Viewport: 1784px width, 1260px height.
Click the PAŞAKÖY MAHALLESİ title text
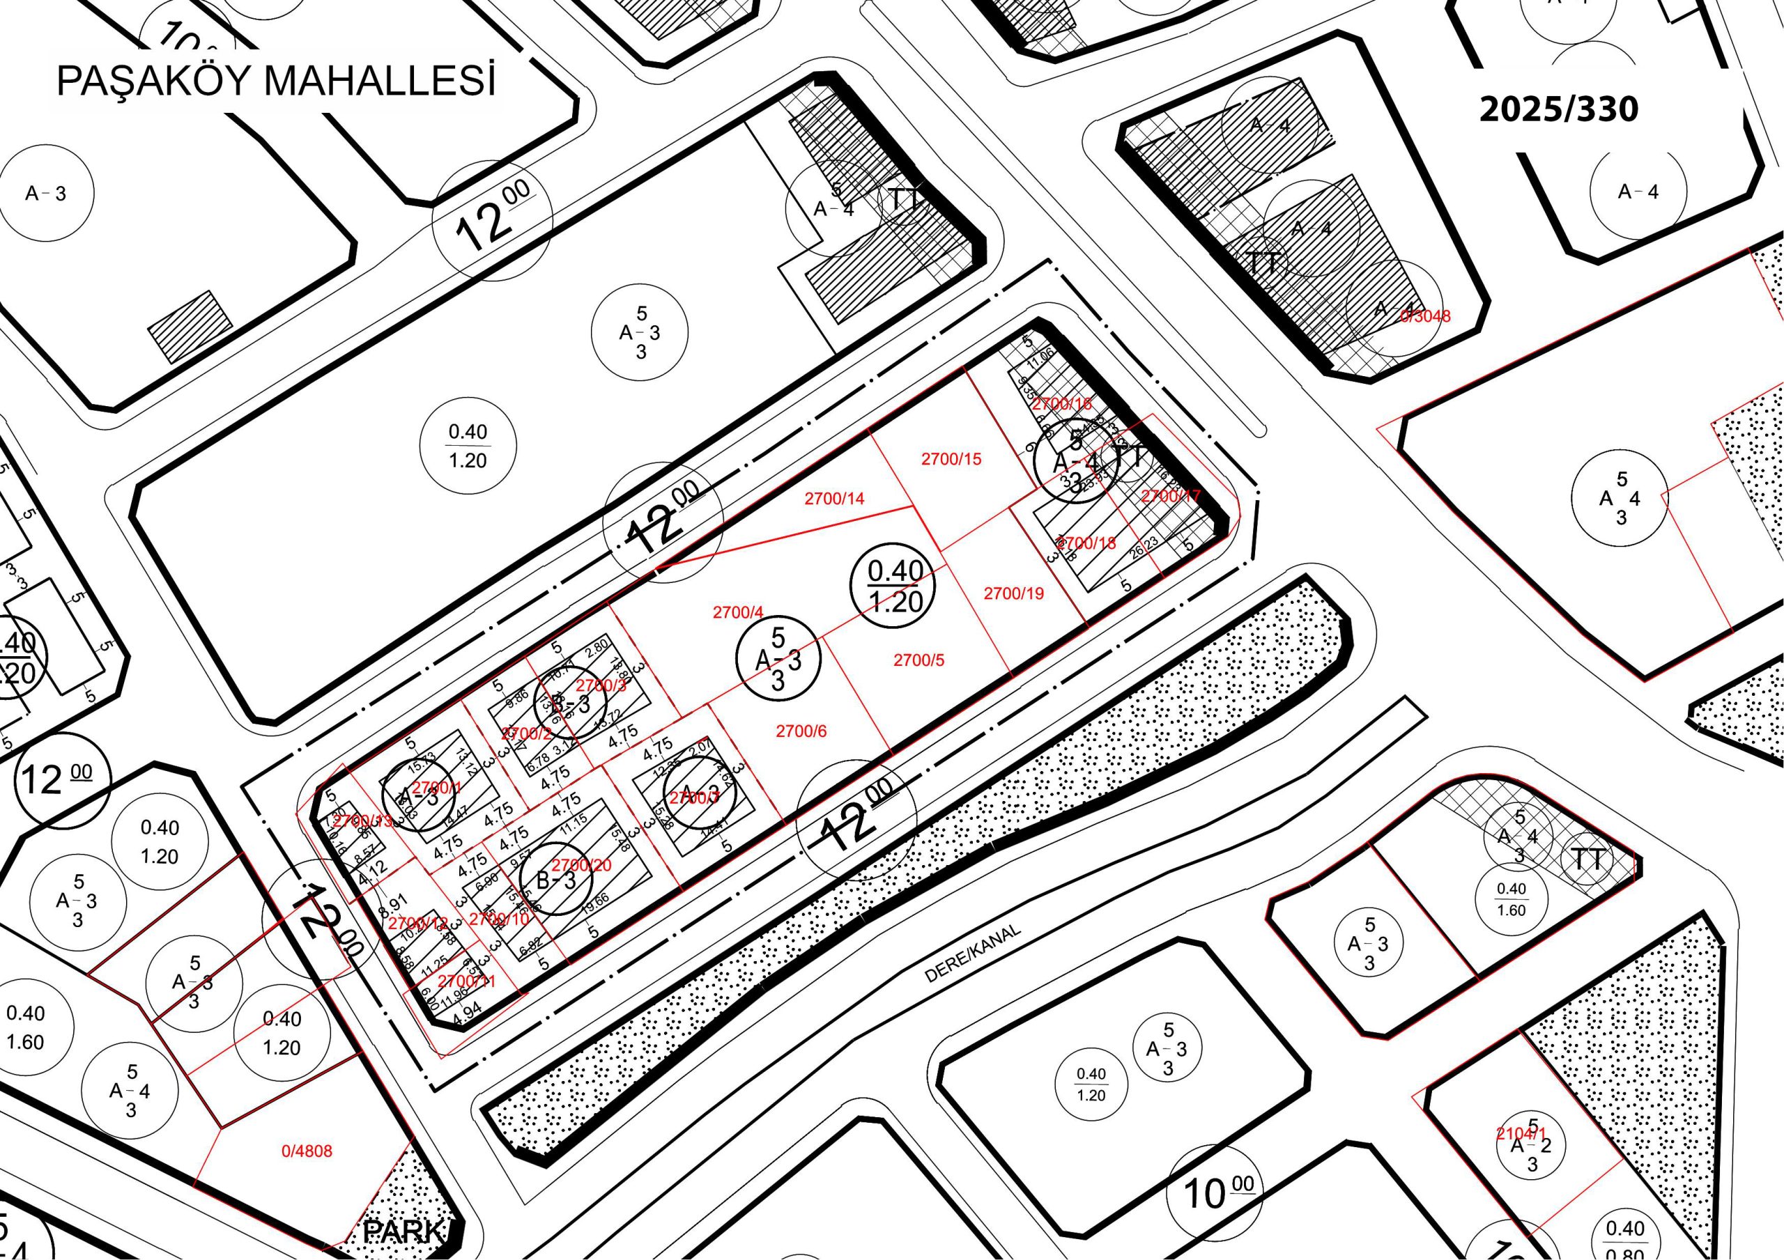[x=276, y=81]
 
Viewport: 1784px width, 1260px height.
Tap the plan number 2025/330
[x=1558, y=109]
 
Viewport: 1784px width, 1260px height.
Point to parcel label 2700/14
[x=833, y=499]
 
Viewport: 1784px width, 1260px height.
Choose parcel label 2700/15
[x=951, y=459]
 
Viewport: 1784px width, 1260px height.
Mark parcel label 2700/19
[x=1013, y=593]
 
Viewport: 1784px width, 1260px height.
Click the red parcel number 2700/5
[x=918, y=660]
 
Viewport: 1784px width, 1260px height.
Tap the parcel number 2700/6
[x=801, y=731]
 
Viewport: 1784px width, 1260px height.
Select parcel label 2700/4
[x=738, y=613]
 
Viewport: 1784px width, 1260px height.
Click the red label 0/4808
[x=306, y=1151]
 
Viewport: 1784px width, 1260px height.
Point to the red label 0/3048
[x=1425, y=316]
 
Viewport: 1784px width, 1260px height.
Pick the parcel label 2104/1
[x=1521, y=1133]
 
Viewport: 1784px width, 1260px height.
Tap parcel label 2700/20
[x=581, y=864]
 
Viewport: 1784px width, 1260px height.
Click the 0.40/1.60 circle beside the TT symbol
[x=1511, y=899]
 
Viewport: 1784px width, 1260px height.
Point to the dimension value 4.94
[x=468, y=1010]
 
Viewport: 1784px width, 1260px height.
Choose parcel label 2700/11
[x=466, y=981]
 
